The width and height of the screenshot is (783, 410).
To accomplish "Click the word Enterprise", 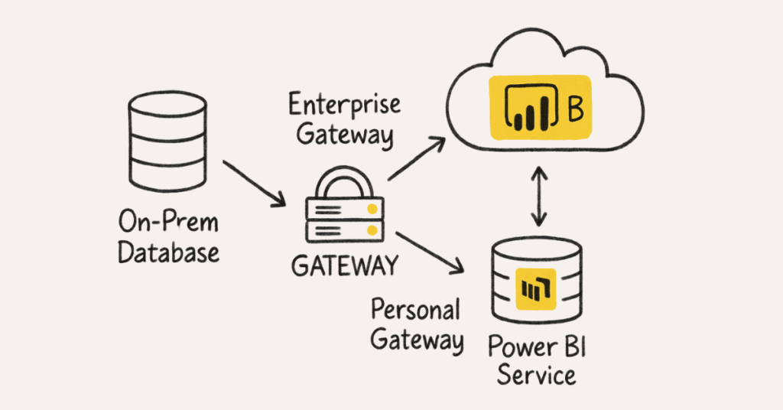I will pos(344,105).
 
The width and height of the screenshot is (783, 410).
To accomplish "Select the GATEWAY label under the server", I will pos(344,265).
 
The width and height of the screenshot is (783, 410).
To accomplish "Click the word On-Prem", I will pos(168,223).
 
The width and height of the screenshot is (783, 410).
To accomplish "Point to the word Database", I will pos(168,252).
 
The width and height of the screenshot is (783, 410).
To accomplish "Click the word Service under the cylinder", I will pos(537,375).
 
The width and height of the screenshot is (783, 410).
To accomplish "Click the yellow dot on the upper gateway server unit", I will pos(372,208).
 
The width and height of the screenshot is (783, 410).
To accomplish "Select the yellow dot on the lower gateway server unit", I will pos(372,229).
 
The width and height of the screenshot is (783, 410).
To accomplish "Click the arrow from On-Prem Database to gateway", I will pos(254,184).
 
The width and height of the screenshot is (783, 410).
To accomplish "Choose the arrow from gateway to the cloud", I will pos(417,159).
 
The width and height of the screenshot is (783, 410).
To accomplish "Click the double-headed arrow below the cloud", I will pos(540,197).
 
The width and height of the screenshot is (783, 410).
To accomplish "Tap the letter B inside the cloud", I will pos(575,109).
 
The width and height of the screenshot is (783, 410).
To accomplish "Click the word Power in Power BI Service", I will pos(518,346).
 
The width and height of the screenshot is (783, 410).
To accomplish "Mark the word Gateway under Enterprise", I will pos(345,135).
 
